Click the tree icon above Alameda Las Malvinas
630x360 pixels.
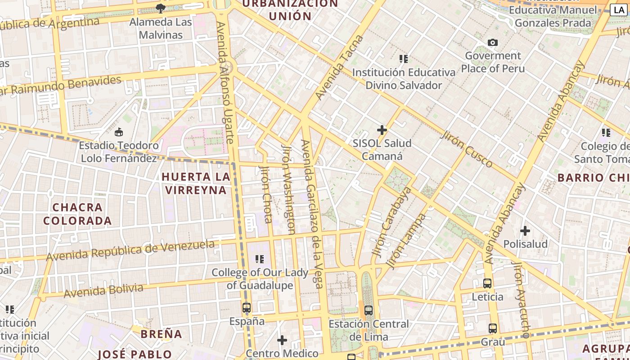160,8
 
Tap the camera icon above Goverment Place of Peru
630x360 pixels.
493,42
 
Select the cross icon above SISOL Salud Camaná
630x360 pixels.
382,130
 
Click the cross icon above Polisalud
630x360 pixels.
525,231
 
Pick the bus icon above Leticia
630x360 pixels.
487,283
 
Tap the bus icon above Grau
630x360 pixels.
493,328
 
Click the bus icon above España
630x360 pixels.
247,308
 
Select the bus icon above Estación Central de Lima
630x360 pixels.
369,310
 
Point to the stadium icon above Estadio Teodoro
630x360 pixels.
119,132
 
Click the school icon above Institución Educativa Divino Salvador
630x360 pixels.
404,59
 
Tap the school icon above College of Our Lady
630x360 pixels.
260,259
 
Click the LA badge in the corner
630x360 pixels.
619,10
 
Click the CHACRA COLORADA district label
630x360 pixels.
77,214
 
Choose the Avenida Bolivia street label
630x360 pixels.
103,291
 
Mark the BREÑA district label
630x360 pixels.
162,334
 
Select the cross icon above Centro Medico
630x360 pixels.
282,340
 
